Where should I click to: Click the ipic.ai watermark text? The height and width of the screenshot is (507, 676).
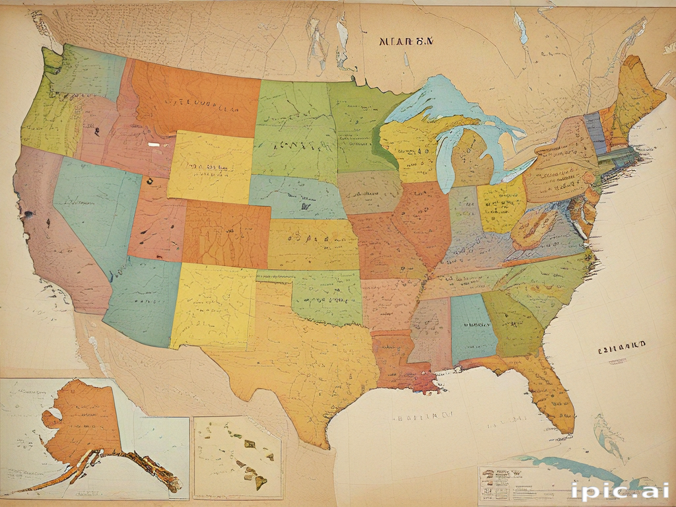621,490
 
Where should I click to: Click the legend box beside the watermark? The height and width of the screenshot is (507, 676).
522,485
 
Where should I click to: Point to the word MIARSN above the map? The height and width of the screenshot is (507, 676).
407,41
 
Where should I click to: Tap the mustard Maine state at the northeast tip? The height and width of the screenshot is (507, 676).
637,92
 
